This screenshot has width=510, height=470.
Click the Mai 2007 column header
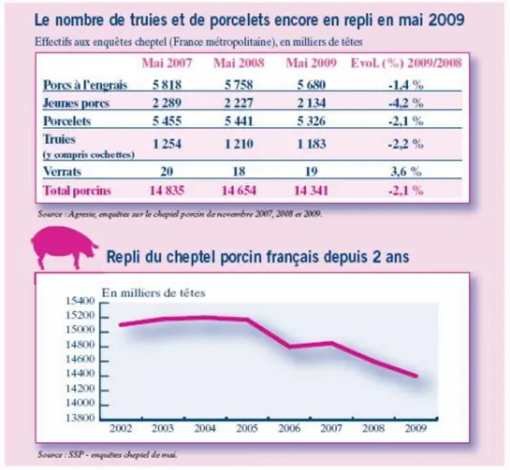(x=166, y=63)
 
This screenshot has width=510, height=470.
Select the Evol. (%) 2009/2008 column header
(x=406, y=63)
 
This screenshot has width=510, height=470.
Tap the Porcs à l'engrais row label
(x=85, y=85)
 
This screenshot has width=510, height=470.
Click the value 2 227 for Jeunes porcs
(x=239, y=103)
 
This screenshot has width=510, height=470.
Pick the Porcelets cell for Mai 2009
(x=311, y=121)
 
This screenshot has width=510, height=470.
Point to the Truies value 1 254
(x=166, y=144)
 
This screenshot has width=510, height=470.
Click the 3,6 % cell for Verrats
(x=406, y=171)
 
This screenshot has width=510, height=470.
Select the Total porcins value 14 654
(x=239, y=190)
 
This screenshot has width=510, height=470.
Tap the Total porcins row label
(x=77, y=190)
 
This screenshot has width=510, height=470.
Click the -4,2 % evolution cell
(x=406, y=103)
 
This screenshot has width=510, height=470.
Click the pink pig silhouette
(x=64, y=247)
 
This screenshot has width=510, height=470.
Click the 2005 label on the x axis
(x=247, y=428)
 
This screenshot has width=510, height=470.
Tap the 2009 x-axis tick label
(x=416, y=428)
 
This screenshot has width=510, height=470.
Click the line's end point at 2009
(x=416, y=376)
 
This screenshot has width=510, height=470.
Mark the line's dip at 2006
(x=289, y=347)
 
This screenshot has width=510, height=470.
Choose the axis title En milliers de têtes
(x=153, y=293)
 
